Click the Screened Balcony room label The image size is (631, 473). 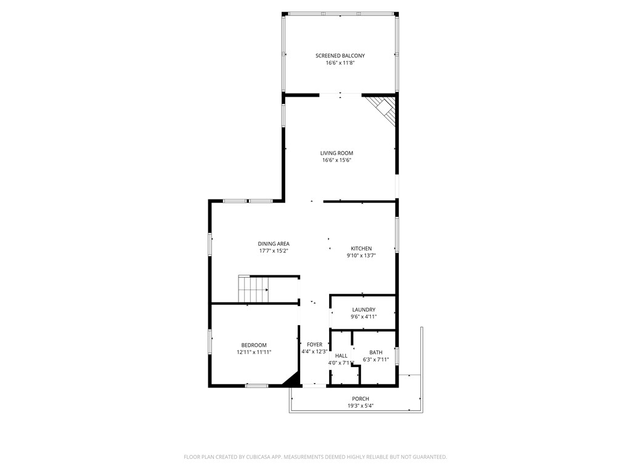pyautogui.click(x=340, y=55)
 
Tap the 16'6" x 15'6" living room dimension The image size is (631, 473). pyautogui.click(x=337, y=160)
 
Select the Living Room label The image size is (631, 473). pyautogui.click(x=337, y=153)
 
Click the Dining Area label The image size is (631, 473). pyautogui.click(x=274, y=244)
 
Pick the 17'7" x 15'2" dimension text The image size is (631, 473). pyautogui.click(x=274, y=251)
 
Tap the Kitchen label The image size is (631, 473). pyautogui.click(x=361, y=249)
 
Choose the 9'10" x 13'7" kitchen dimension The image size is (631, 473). pyautogui.click(x=361, y=256)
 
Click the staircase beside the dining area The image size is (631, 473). pyautogui.click(x=253, y=289)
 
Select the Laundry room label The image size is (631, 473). pyautogui.click(x=364, y=310)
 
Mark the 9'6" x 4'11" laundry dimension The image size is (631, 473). pyautogui.click(x=364, y=317)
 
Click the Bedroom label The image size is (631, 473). pyautogui.click(x=254, y=345)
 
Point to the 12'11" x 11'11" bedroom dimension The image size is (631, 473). pyautogui.click(x=254, y=352)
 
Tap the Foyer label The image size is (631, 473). pyautogui.click(x=315, y=345)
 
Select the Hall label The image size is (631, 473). pyautogui.click(x=341, y=355)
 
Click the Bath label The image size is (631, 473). pyautogui.click(x=376, y=352)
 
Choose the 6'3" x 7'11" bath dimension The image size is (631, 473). pyautogui.click(x=376, y=360)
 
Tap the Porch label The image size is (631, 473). pyautogui.click(x=360, y=398)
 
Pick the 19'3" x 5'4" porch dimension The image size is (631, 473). pyautogui.click(x=360, y=406)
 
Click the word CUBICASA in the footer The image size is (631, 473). pyautogui.click(x=261, y=457)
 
